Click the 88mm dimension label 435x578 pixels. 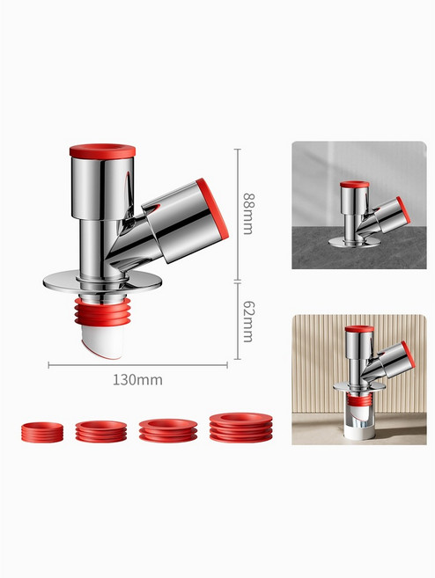[x=248, y=214]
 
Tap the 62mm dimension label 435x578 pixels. [x=248, y=321]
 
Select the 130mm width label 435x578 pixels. [x=137, y=380]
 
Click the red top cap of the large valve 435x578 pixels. [x=102, y=150]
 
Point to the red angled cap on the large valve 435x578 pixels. [x=212, y=208]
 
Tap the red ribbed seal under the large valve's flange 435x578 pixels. [x=102, y=311]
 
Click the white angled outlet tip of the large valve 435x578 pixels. [x=101, y=343]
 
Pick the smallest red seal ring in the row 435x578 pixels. [x=42, y=432]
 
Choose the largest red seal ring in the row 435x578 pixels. [x=241, y=428]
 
